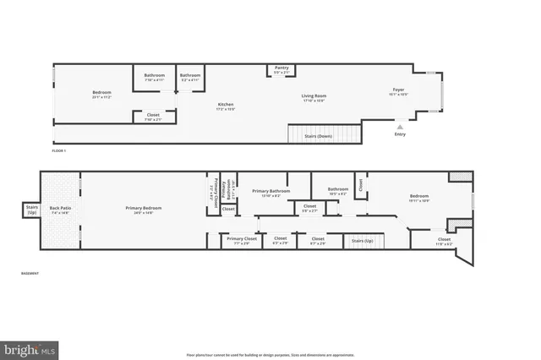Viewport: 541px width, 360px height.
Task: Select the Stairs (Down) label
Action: click(317, 135)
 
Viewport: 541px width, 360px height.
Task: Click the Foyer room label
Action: click(398, 91)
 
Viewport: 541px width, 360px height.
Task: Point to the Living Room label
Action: click(314, 97)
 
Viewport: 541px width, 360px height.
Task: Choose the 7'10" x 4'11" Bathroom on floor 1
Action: click(154, 77)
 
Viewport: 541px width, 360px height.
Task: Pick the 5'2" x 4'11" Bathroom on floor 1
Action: click(189, 77)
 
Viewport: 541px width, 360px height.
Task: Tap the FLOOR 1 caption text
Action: click(58, 150)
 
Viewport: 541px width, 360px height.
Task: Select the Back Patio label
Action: click(61, 210)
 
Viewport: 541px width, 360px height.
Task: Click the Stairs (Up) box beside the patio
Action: click(32, 210)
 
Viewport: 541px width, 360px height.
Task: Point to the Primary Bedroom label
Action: click(143, 210)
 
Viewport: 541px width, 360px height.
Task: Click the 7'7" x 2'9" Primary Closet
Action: click(240, 241)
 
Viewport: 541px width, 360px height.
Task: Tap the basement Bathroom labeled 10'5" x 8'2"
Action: click(338, 191)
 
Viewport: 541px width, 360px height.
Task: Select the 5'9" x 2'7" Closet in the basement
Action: click(309, 208)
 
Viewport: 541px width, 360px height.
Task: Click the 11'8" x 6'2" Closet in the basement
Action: click(444, 241)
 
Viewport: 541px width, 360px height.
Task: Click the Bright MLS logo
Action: click(30, 348)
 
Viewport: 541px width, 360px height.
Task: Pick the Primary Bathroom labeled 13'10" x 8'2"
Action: click(271, 193)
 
